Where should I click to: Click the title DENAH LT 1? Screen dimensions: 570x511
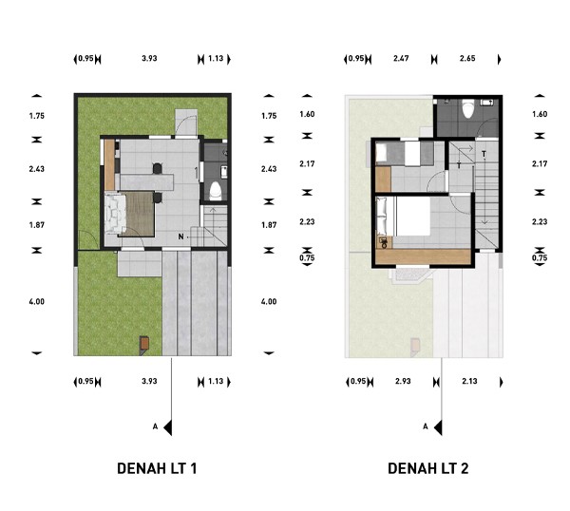click(x=157, y=468)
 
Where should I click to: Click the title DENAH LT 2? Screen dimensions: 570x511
click(x=427, y=468)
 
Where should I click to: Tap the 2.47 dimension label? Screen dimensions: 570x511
click(x=401, y=58)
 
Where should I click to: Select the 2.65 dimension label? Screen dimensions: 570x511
click(x=467, y=58)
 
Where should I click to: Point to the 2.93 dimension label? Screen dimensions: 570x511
click(x=403, y=381)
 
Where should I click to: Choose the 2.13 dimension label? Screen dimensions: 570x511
click(x=469, y=381)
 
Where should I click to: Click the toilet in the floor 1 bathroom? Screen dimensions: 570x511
click(x=216, y=191)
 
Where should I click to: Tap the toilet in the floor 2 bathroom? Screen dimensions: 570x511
click(x=467, y=108)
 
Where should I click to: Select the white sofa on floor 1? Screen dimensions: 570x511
click(x=115, y=214)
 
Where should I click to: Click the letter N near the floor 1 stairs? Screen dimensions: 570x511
click(x=180, y=237)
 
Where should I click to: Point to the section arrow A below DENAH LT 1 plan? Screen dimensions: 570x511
click(x=167, y=427)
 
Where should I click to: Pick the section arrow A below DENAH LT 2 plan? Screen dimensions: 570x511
click(x=438, y=427)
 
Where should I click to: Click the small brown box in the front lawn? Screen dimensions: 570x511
click(x=144, y=342)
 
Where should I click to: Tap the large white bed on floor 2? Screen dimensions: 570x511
click(x=412, y=216)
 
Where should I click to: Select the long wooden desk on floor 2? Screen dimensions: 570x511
click(x=423, y=256)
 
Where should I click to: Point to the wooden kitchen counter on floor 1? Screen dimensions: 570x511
click(x=109, y=164)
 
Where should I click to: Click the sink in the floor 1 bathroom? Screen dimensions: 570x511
click(x=224, y=172)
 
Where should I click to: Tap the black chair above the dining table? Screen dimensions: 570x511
click(x=157, y=168)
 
